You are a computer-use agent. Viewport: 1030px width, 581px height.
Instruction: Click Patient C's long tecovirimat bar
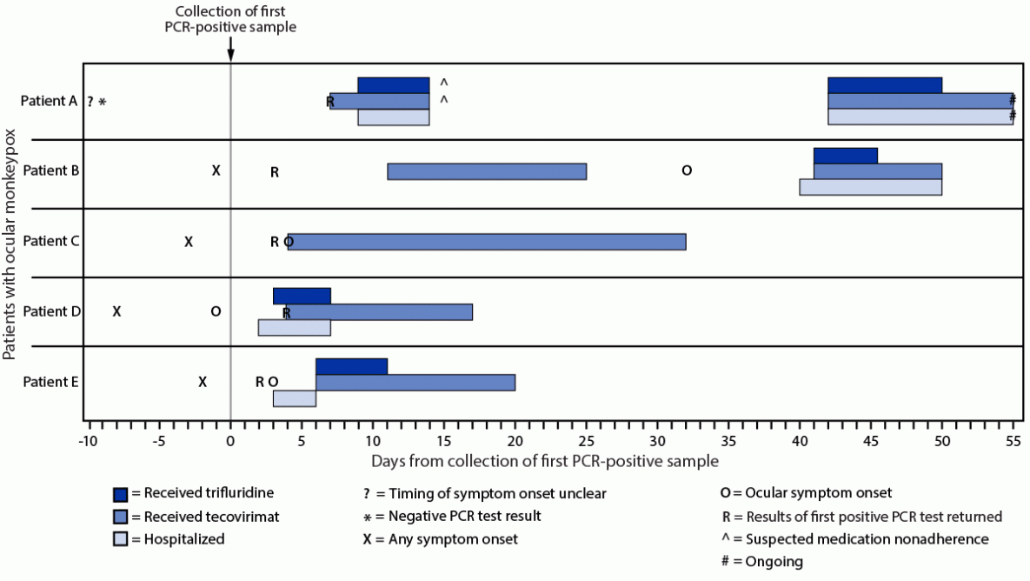tap(487, 242)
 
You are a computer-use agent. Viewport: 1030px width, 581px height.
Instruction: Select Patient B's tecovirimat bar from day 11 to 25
tap(487, 171)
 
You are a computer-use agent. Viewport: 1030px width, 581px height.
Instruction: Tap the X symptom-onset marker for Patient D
tap(116, 311)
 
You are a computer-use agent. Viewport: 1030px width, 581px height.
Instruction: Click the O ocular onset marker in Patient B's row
tap(687, 171)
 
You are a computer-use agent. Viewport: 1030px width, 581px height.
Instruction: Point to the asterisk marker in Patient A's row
tap(102, 102)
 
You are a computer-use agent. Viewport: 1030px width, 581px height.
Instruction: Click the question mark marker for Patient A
tap(90, 102)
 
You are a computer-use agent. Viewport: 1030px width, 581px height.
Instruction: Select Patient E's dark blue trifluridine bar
tap(351, 366)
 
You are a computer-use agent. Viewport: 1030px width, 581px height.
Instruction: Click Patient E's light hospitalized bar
tap(294, 398)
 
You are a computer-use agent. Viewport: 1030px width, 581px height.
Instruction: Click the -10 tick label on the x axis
tap(87, 441)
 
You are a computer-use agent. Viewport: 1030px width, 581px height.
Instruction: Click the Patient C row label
tap(51, 241)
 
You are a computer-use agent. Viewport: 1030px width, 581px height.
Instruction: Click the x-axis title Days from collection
tap(545, 459)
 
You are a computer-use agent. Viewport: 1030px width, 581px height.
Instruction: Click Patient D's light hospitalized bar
tap(294, 328)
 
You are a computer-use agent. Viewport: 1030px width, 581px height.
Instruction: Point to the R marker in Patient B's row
tap(274, 172)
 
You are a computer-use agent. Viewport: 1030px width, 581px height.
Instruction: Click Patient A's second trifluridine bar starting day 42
tap(884, 85)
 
